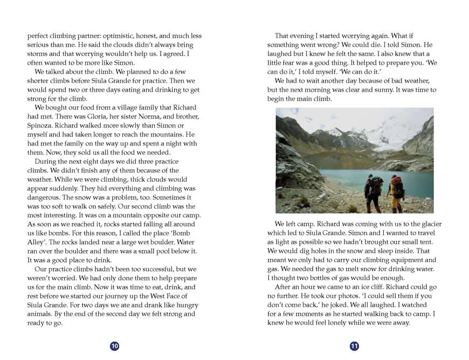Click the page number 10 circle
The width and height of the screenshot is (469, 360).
[x=114, y=346]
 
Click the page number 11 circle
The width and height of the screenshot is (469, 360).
[x=354, y=346]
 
